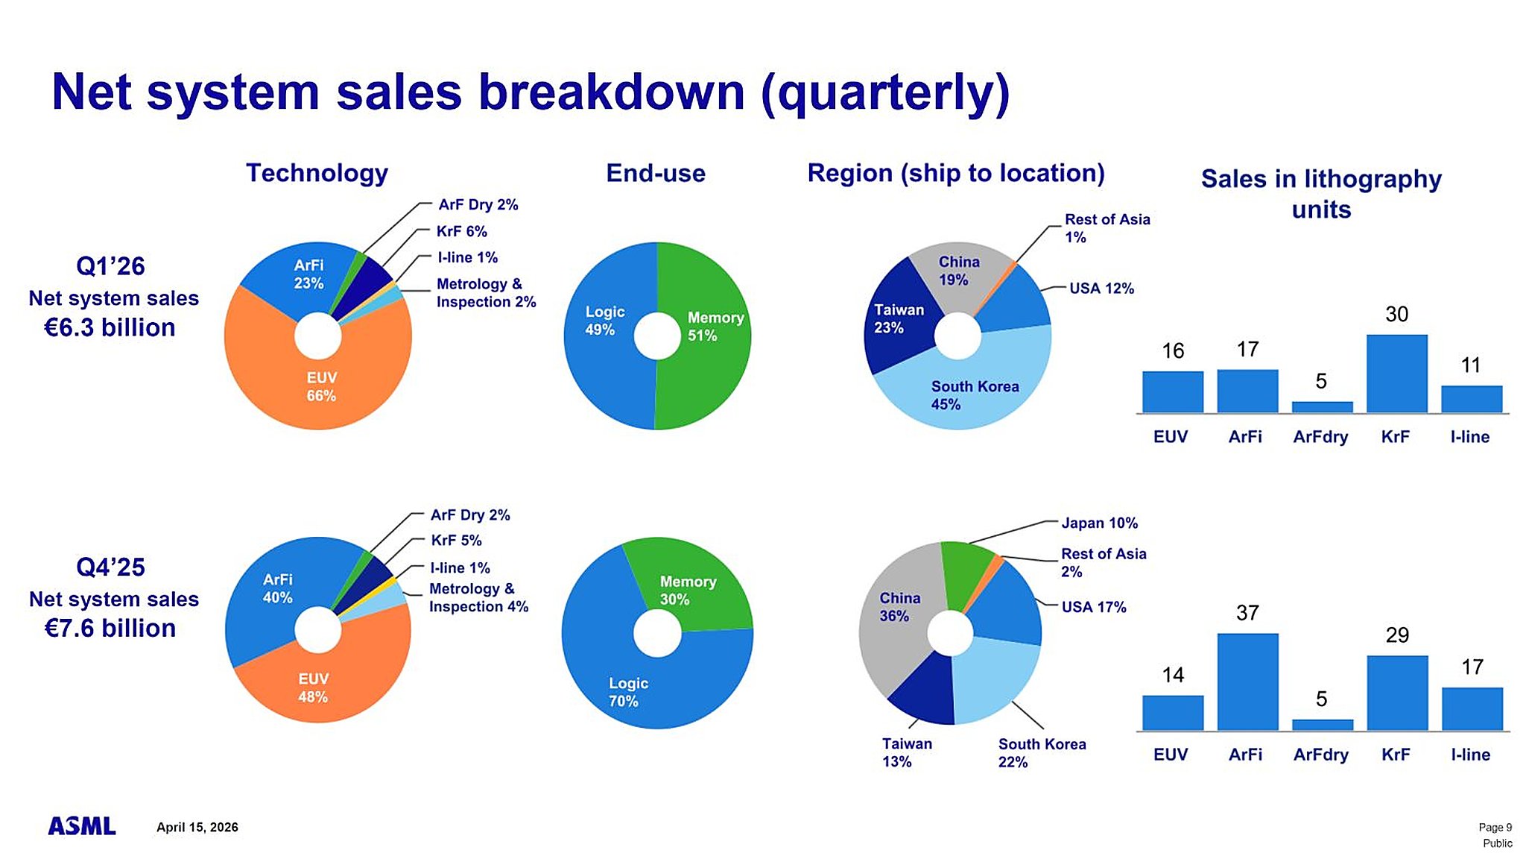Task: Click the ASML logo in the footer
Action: [82, 826]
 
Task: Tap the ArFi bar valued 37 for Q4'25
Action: [1247, 682]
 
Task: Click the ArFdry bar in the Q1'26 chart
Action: [1322, 407]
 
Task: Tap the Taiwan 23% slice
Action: [898, 319]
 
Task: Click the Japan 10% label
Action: [1099, 523]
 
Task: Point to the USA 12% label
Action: [1101, 289]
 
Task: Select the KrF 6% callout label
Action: [461, 231]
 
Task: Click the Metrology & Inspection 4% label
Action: [478, 598]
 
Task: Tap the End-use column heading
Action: [656, 173]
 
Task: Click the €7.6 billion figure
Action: [110, 629]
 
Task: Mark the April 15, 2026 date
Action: [197, 827]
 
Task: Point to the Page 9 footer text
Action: [1495, 827]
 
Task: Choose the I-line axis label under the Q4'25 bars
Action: [1470, 755]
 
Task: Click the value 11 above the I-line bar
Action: [1470, 365]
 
